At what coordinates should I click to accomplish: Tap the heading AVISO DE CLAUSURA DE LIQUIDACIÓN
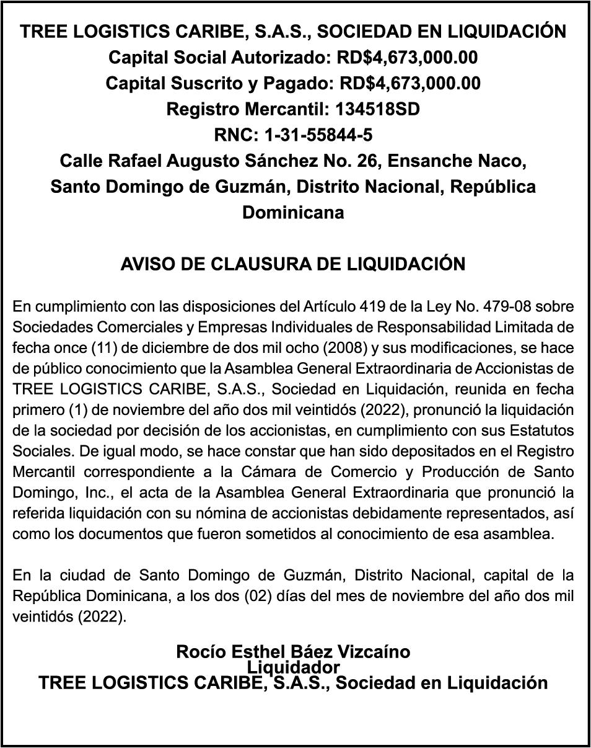293,264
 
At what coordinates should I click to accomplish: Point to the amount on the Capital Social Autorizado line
407,58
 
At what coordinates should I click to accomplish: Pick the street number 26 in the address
367,161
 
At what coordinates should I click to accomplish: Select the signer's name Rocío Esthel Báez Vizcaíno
293,652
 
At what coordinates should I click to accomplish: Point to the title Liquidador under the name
293,667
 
